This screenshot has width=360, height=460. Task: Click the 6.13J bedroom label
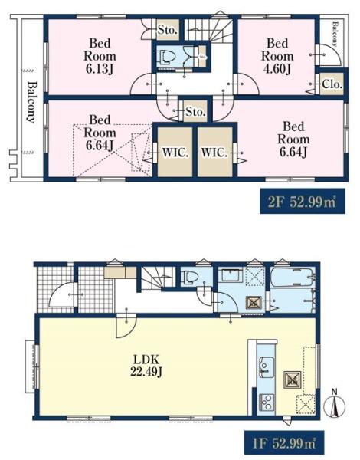click(100, 56)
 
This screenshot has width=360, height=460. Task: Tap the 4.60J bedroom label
click(277, 56)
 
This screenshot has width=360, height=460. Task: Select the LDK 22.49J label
click(146, 366)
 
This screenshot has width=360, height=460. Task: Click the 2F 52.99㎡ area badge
click(303, 201)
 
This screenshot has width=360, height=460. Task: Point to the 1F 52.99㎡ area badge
click(284, 443)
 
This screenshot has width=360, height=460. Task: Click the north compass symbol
click(334, 404)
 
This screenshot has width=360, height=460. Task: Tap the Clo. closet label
click(332, 84)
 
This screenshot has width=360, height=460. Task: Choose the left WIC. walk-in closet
click(175, 152)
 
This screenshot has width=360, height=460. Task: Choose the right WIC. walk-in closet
click(215, 152)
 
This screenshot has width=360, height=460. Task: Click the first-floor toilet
click(189, 277)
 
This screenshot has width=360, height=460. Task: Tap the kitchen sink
click(266, 367)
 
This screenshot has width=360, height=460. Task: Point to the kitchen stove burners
click(267, 402)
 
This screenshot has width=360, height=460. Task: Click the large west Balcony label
click(31, 102)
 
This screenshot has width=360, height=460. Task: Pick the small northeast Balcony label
click(335, 34)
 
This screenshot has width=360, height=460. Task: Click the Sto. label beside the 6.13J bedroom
click(168, 30)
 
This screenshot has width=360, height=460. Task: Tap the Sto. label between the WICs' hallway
click(195, 111)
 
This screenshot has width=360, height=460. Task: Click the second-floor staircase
click(209, 29)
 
